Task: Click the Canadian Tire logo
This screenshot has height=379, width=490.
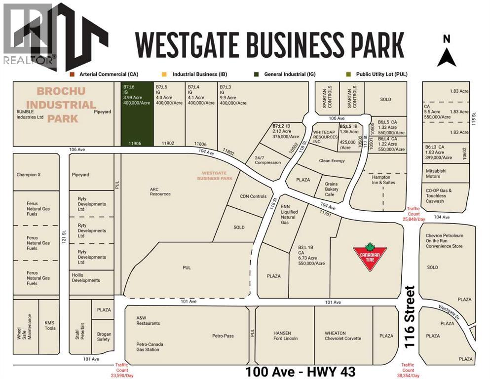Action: tap(369, 257)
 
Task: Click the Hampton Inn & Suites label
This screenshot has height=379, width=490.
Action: tap(381, 180)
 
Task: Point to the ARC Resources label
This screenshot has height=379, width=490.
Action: tap(160, 191)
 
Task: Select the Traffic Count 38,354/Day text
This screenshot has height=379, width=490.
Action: tap(408, 370)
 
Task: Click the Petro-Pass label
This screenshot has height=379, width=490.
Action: tap(223, 336)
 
